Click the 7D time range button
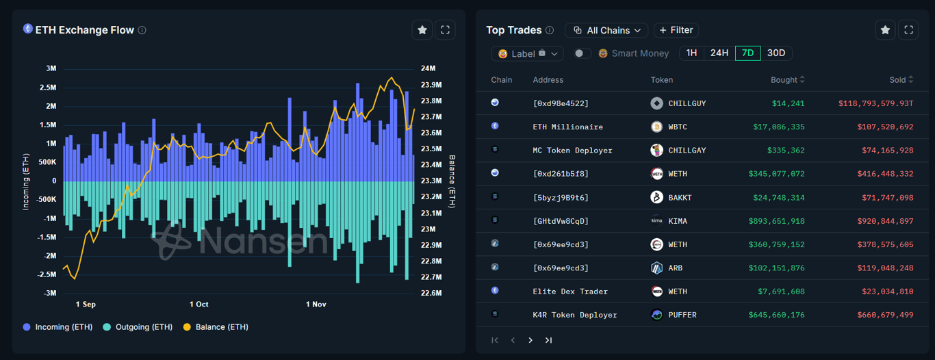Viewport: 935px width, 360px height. click(747, 53)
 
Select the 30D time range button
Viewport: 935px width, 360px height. click(776, 53)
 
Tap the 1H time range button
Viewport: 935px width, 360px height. click(691, 53)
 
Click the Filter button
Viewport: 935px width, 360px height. click(676, 30)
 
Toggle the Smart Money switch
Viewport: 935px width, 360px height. click(582, 53)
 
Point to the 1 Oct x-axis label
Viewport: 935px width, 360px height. click(199, 304)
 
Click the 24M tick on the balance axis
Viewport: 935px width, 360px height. click(428, 68)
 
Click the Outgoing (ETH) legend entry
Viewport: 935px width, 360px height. click(137, 327)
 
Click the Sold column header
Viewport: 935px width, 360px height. click(897, 80)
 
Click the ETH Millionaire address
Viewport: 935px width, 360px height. click(567, 127)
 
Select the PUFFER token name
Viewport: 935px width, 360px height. click(682, 315)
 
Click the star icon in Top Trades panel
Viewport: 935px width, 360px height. click(885, 30)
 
